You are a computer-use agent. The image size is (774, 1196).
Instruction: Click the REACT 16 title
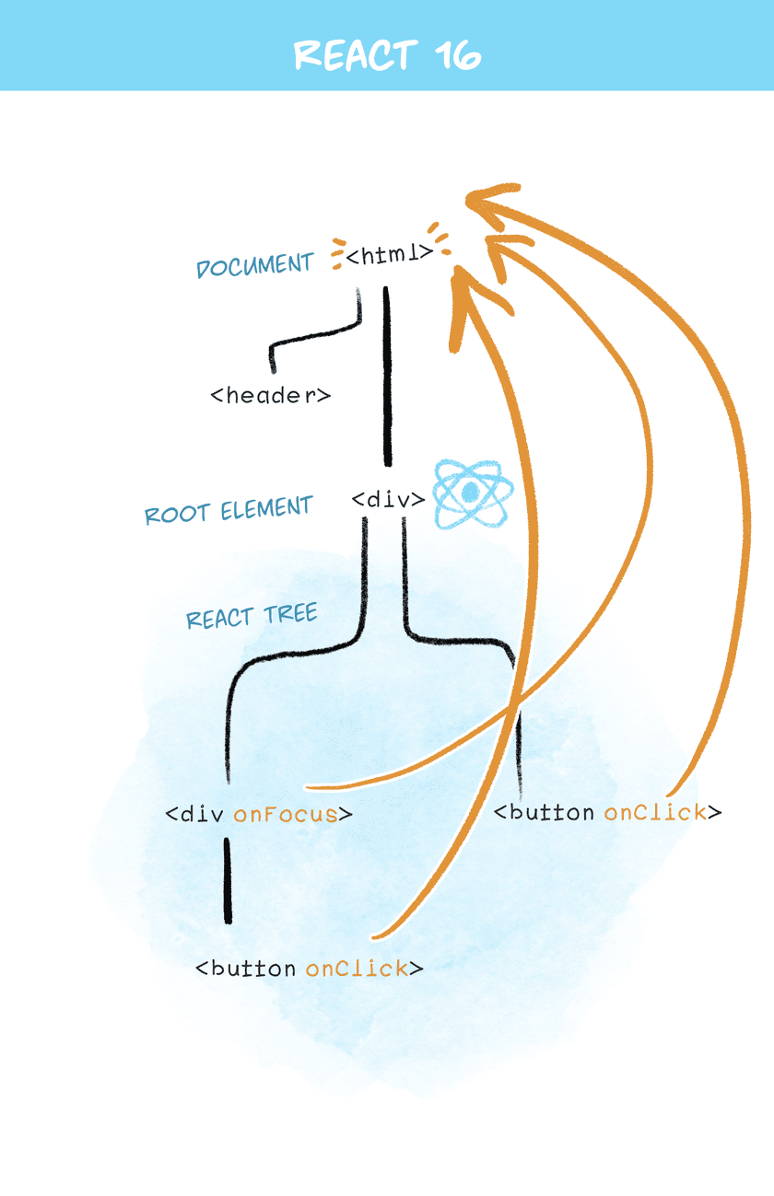tap(387, 54)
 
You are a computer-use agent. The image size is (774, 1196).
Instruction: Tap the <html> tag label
tap(389, 253)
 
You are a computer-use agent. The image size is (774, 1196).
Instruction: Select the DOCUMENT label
tap(255, 265)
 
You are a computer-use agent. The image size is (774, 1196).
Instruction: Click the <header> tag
tap(270, 396)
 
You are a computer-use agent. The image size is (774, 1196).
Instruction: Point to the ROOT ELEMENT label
tap(229, 510)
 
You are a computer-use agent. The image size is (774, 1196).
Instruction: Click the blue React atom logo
tap(470, 493)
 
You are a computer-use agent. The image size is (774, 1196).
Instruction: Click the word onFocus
tap(286, 814)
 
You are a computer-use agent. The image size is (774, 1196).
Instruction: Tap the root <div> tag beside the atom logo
tap(388, 500)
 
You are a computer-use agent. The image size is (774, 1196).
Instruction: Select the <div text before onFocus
tap(195, 814)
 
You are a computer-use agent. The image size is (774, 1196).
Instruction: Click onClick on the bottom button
tap(358, 968)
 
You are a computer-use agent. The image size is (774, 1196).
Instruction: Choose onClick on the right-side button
tap(655, 812)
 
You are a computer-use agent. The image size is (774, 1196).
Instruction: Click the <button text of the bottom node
tap(246, 968)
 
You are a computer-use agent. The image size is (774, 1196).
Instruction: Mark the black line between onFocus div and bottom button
tap(228, 879)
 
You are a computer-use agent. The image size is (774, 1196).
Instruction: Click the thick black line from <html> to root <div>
tap(387, 377)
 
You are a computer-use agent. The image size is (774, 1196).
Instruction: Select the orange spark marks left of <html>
tap(336, 254)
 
